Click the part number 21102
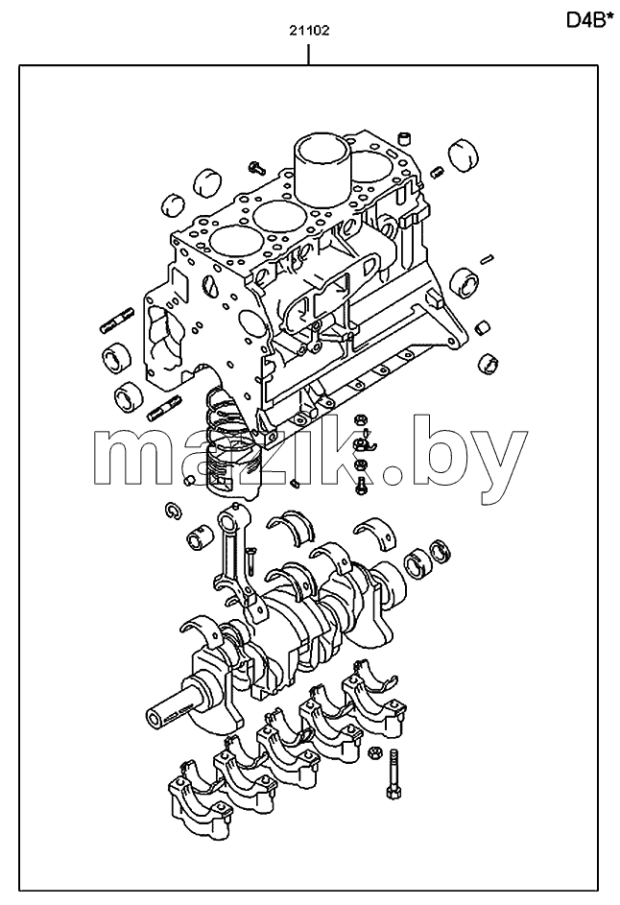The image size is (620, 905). [309, 31]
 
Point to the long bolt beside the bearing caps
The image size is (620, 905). [393, 774]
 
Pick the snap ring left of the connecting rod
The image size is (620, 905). [173, 509]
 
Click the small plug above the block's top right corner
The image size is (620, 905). [406, 138]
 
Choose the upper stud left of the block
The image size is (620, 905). [117, 321]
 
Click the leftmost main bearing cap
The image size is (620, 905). [200, 793]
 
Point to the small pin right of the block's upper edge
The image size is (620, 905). [486, 258]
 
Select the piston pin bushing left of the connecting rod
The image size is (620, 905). [201, 536]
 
